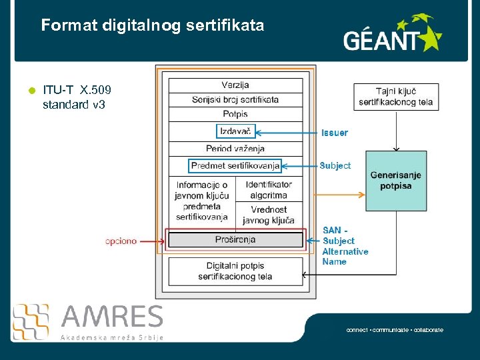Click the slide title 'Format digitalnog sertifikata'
point(153,26)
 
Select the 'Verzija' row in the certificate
point(235,85)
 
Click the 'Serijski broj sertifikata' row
point(235,100)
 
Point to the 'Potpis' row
point(235,115)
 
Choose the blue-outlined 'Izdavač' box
point(235,131)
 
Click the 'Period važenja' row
point(235,149)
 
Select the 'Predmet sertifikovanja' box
point(235,165)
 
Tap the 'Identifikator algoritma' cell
point(269,189)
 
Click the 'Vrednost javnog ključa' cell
point(269,215)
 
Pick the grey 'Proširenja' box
point(235,239)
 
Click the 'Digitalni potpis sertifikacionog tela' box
point(235,271)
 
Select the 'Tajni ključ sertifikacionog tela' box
point(396,97)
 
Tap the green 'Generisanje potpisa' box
point(396,181)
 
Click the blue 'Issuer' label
point(335,133)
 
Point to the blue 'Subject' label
point(335,165)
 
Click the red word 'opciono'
point(121,241)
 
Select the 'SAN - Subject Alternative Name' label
point(345,246)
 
